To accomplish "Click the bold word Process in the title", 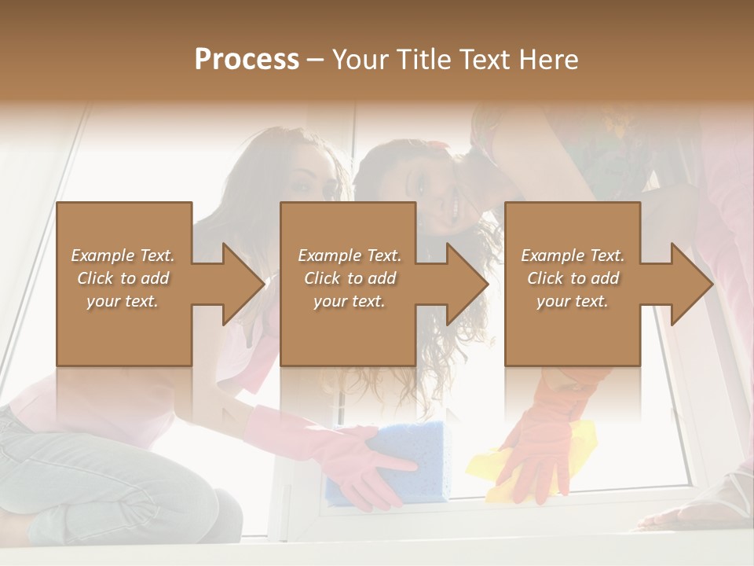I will (x=247, y=60).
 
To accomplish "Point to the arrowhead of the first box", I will (x=243, y=284).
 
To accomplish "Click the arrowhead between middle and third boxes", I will (x=467, y=284).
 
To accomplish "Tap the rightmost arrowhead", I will (x=691, y=284).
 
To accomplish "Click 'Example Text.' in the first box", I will (x=123, y=255).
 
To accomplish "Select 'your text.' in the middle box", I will (x=349, y=301).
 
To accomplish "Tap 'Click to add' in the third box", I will (x=573, y=278).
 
